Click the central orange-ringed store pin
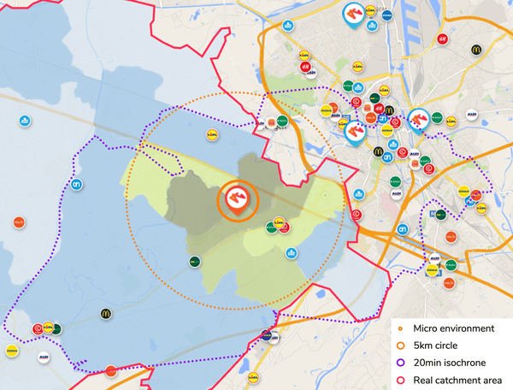[237, 200]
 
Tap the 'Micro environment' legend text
[453, 328]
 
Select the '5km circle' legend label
[439, 346]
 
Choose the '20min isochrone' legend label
[449, 363]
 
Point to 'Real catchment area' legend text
[457, 380]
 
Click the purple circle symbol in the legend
[400, 363]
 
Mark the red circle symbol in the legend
[400, 380]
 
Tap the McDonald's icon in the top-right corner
[477, 50]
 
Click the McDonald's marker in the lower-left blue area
[107, 314]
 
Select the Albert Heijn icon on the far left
[77, 184]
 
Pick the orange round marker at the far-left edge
[19, 222]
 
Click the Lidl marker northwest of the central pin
[212, 134]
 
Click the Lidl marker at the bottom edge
[253, 375]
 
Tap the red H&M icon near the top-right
[442, 38]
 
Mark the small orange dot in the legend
[400, 328]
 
